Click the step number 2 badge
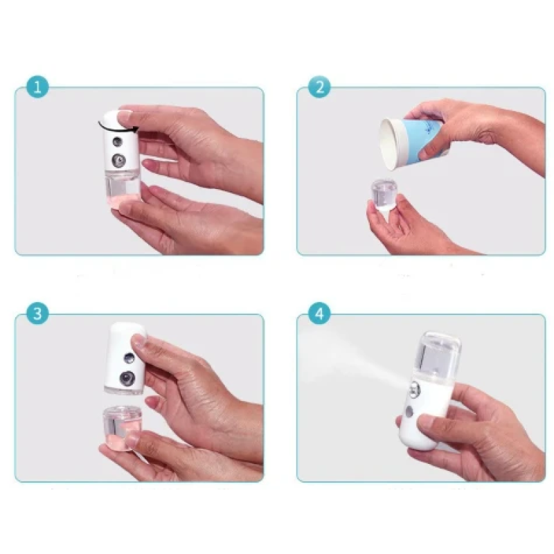(x=319, y=88)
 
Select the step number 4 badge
(x=319, y=313)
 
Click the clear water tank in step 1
(x=120, y=188)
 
